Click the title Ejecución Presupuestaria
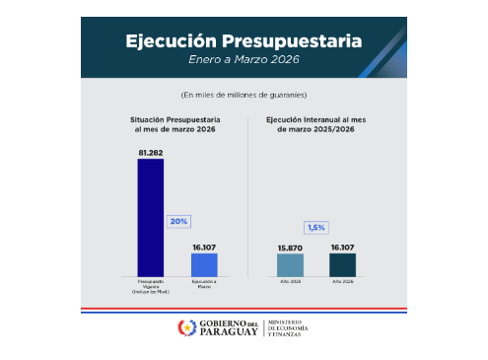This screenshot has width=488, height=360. pyautogui.click(x=243, y=41)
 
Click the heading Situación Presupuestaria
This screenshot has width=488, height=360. pyautogui.click(x=175, y=123)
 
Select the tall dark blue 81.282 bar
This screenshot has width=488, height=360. pyautogui.click(x=150, y=217)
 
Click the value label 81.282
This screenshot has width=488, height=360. pyautogui.click(x=150, y=153)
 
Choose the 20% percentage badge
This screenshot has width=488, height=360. pyautogui.click(x=177, y=222)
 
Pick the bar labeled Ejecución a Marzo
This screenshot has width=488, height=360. pyautogui.click(x=204, y=264)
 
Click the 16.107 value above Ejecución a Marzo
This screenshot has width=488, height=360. pyautogui.click(x=204, y=248)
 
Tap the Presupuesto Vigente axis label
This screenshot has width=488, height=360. pyautogui.click(x=150, y=286)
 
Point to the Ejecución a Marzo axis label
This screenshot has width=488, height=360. pyautogui.click(x=204, y=286)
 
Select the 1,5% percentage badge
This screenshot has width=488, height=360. pyautogui.click(x=316, y=228)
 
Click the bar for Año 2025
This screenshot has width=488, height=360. pyautogui.click(x=290, y=264)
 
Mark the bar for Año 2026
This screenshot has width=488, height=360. pyautogui.click(x=343, y=264)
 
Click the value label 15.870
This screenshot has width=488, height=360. pyautogui.click(x=290, y=248)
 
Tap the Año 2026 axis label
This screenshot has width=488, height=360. pyautogui.click(x=343, y=283)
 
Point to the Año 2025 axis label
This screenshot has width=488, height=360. pyautogui.click(x=290, y=283)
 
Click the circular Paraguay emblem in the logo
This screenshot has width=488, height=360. pyautogui.click(x=186, y=327)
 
